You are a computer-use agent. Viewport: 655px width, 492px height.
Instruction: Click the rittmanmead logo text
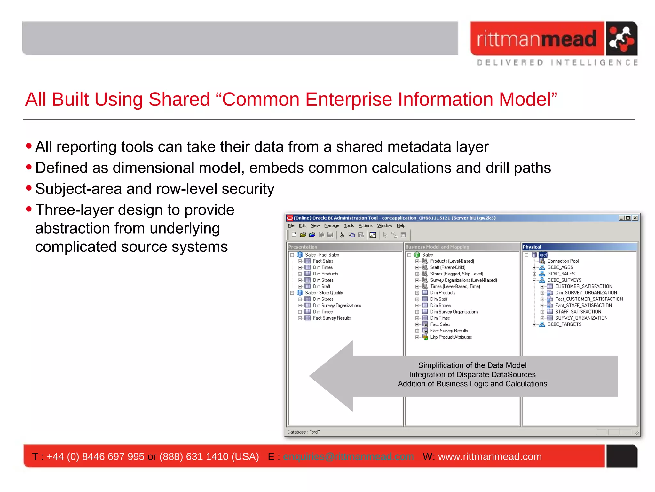536,39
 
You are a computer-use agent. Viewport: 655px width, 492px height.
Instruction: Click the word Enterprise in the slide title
348,99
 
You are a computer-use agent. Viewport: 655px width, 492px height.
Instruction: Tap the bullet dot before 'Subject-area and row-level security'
29,188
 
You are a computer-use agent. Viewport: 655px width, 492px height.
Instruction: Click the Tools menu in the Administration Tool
349,226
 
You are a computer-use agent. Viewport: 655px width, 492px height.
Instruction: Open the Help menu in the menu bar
401,226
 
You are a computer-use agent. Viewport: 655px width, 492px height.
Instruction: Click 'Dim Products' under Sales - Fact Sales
325,274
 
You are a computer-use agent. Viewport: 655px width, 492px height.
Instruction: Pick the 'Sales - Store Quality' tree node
324,293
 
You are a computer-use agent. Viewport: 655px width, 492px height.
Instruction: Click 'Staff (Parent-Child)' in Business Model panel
447,267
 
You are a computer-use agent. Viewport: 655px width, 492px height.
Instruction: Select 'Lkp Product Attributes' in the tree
451,337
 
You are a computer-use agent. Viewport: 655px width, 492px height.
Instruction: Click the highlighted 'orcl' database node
543,255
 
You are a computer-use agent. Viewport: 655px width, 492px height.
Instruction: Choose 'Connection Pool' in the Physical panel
563,261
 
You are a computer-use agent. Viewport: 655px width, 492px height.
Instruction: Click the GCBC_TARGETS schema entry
564,324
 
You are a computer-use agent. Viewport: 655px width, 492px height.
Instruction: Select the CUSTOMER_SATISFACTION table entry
583,286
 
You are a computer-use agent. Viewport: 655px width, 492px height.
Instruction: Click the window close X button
635,218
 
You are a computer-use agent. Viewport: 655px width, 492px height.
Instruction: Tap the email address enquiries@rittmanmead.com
348,456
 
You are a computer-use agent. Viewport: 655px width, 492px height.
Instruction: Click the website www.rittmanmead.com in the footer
490,456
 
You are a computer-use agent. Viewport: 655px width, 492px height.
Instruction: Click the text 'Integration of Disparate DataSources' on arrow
472,375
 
